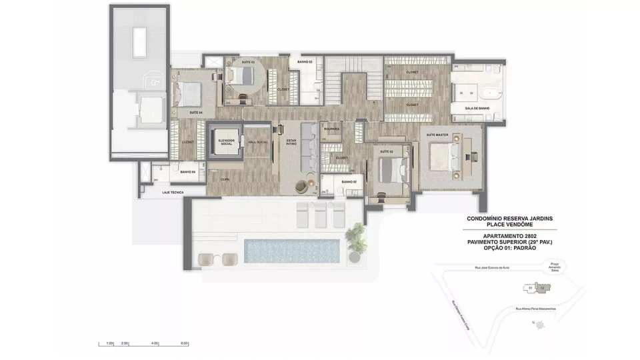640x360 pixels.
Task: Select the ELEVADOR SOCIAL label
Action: tap(224, 142)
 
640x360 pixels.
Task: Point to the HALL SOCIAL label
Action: tap(257, 142)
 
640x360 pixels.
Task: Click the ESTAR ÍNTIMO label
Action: tap(291, 142)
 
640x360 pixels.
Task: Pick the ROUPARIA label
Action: tap(331, 129)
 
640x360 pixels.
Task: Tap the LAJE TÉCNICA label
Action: tap(173, 192)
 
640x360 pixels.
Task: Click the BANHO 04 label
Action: tap(187, 172)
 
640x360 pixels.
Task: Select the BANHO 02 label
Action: tap(349, 182)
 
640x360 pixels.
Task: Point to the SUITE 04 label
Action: tap(195, 113)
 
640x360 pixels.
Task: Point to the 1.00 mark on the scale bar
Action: tap(110, 343)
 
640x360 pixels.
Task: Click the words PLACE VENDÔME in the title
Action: tap(510, 224)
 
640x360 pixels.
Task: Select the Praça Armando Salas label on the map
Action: tap(554, 265)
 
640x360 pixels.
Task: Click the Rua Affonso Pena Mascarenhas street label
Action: tap(541, 308)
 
